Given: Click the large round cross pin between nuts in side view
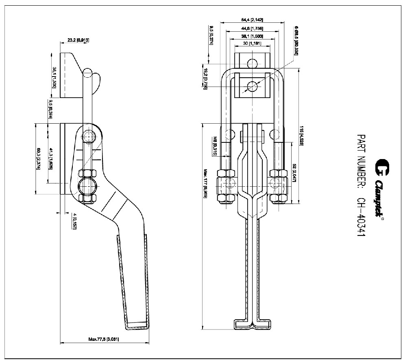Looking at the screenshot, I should click(x=88, y=185).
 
